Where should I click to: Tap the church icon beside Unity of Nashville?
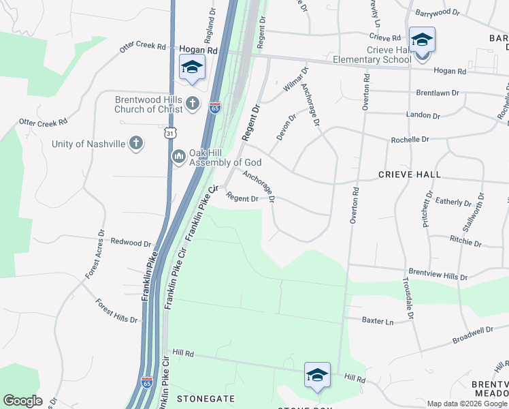pyautogui.click(x=136, y=143)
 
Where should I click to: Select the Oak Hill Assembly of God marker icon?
pyautogui.click(x=179, y=157)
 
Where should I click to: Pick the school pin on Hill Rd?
pyautogui.click(x=317, y=376)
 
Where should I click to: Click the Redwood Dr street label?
pyautogui.click(x=131, y=243)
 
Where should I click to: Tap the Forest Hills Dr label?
pyautogui.click(x=116, y=311)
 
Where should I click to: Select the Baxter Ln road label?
pyautogui.click(x=378, y=320)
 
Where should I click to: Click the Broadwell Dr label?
pyautogui.click(x=472, y=331)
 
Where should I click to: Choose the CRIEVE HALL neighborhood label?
pyautogui.click(x=409, y=175)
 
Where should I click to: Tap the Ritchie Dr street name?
pyautogui.click(x=465, y=240)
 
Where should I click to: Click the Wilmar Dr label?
pyautogui.click(x=295, y=79)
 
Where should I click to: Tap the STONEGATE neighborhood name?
pyautogui.click(x=206, y=397)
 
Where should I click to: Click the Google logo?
pyautogui.click(x=22, y=401)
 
